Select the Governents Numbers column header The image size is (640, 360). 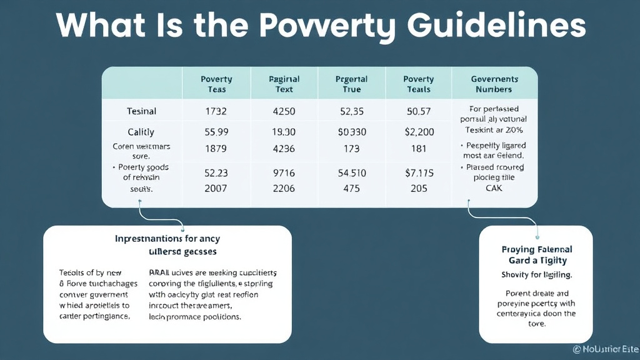coord(494,84)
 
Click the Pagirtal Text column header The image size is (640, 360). coord(284,84)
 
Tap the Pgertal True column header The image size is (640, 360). coord(352,84)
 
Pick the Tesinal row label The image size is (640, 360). coord(141,111)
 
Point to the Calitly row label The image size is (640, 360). coord(141,132)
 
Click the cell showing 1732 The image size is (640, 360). coord(216,111)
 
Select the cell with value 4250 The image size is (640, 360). coord(284,111)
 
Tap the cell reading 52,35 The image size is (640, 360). coord(352,111)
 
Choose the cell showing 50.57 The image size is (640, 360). coord(419,111)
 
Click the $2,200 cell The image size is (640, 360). coord(419,132)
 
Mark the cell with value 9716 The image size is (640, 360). coord(284,172)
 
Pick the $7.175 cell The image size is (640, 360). coord(419,172)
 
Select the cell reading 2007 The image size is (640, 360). coord(216,188)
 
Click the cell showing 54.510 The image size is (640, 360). coord(352,172)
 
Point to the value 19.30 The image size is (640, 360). coord(284,132)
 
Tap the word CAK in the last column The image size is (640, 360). coord(494,187)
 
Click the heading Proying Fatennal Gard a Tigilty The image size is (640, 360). coord(537,254)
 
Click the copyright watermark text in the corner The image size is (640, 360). coord(604,351)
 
